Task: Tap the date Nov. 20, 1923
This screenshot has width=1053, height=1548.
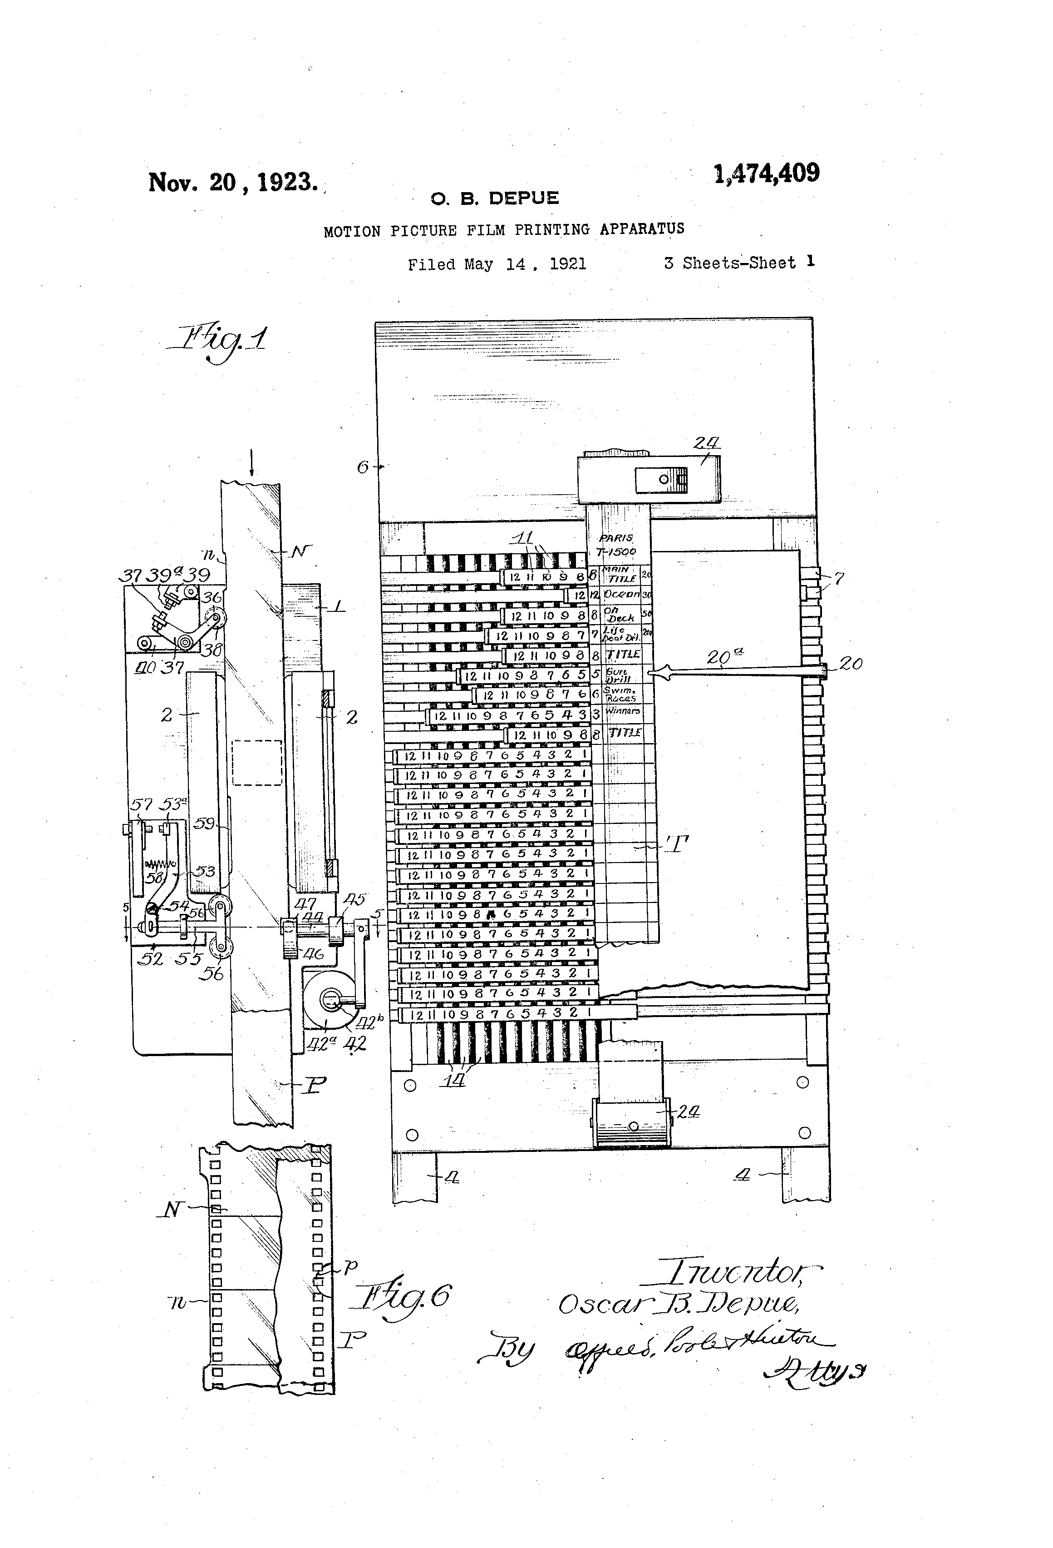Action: pyautogui.click(x=232, y=182)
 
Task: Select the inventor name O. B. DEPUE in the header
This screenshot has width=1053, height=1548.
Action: pyautogui.click(x=495, y=198)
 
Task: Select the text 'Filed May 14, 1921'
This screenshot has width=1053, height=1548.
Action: pyautogui.click(x=497, y=264)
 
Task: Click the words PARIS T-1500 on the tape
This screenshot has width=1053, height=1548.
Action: pyautogui.click(x=617, y=544)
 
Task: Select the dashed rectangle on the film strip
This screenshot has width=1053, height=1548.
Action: pyautogui.click(x=257, y=762)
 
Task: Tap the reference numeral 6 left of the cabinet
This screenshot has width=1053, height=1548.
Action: pyautogui.click(x=363, y=467)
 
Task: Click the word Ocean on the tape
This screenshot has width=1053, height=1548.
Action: pyautogui.click(x=622, y=594)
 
